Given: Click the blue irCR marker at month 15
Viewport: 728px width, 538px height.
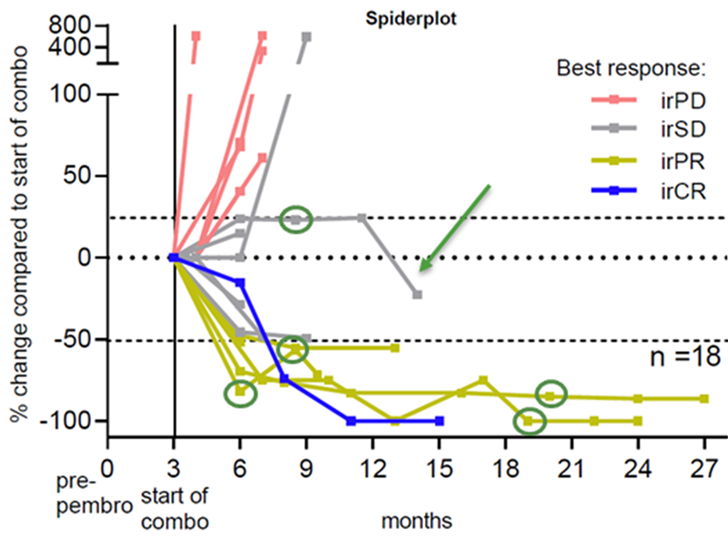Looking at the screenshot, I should click(x=440, y=421).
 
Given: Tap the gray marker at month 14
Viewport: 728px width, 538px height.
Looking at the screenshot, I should click(x=417, y=294).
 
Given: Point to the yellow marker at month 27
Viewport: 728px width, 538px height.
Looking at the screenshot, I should click(x=704, y=399).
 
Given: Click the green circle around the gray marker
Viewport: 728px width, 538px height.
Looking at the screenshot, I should click(x=295, y=219).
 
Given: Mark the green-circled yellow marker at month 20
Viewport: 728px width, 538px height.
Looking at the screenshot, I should click(x=550, y=394).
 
